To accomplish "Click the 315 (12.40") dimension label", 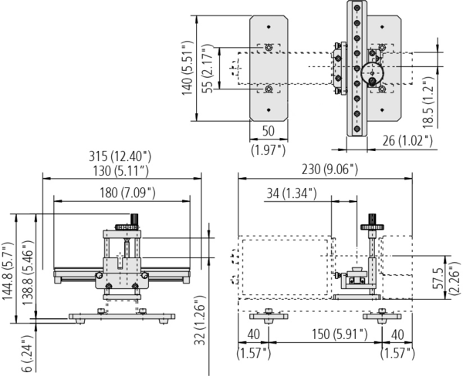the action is point(120,156).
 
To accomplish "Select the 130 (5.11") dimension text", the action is point(121,171).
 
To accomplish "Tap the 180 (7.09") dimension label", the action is point(127,193).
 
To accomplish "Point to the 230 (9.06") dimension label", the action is point(330,170).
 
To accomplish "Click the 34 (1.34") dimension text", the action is point(292,193).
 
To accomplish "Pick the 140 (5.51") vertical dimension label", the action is point(187,68).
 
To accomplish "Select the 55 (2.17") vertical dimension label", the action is point(208,69).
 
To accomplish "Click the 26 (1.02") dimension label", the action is point(407,141).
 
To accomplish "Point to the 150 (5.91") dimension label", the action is point(340,334).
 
